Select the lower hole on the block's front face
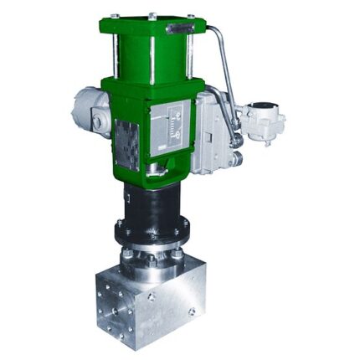tap(192, 312)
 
